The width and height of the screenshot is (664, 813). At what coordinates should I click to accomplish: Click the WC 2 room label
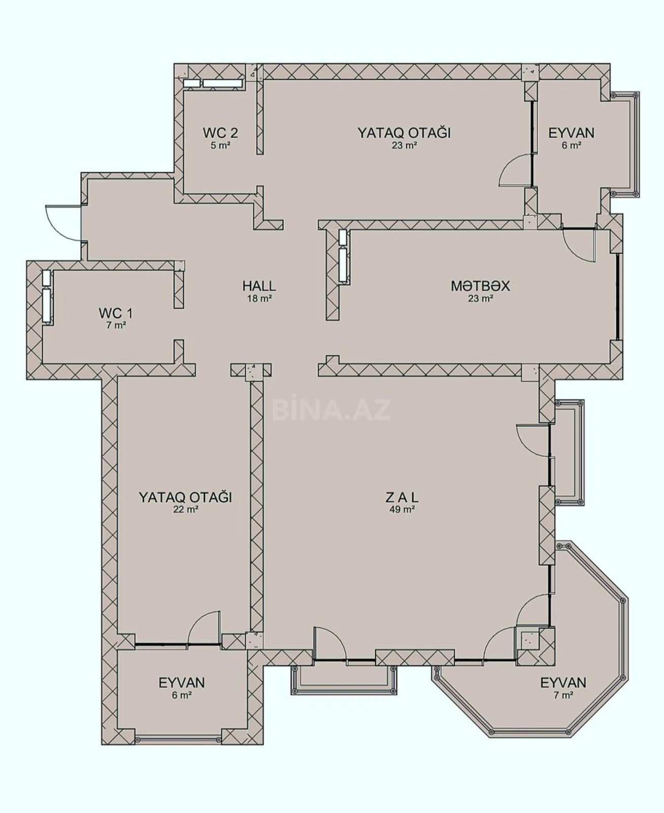(220, 133)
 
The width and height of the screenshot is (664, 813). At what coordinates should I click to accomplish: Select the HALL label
(259, 286)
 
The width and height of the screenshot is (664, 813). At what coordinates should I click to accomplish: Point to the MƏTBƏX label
(480, 286)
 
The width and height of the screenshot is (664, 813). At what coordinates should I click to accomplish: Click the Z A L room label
(402, 497)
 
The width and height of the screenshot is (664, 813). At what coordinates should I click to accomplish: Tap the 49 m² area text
(402, 510)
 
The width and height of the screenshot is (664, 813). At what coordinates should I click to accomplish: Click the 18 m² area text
(259, 299)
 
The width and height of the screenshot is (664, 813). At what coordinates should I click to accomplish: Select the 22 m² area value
(185, 510)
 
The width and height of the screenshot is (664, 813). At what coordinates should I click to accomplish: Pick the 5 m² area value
(220, 146)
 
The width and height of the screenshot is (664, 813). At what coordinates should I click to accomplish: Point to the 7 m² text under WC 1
(116, 326)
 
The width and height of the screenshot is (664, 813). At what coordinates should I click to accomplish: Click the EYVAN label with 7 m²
(563, 682)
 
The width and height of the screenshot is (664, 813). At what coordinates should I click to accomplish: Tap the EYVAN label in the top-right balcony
(571, 133)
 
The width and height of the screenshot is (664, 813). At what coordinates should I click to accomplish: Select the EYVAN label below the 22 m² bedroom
(181, 682)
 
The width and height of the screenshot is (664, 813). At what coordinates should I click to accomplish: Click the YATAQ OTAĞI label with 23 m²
(404, 133)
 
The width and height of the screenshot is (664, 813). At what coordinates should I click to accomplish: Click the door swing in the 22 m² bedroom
(204, 629)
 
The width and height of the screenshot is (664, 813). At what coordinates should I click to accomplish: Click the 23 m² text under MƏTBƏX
(480, 299)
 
